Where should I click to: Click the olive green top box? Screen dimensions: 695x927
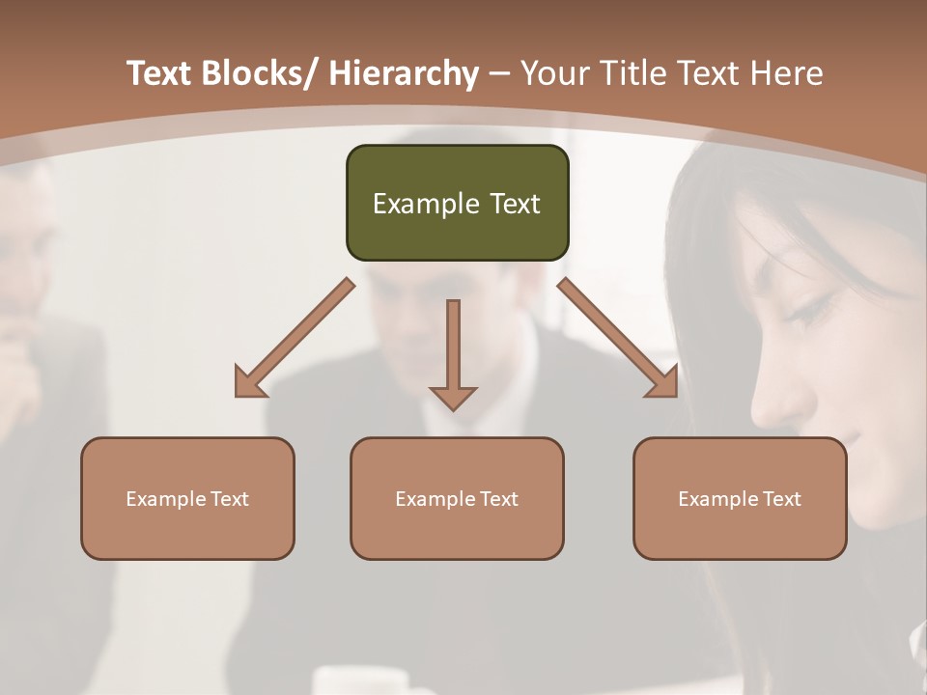point(457,203)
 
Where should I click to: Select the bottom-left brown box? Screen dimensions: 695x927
point(187,498)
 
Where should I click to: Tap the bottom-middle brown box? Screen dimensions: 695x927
point(457,498)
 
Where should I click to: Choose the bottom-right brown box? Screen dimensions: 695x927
point(740,498)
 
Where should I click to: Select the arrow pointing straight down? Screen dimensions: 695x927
point(453,352)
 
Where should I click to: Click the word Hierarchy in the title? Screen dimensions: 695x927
point(403,73)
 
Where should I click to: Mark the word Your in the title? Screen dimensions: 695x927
point(554,73)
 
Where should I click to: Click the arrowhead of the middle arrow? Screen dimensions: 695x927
point(453,396)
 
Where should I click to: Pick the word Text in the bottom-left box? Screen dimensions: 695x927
point(230,498)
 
